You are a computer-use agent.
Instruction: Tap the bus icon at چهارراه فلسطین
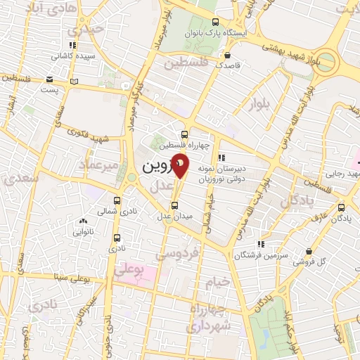click(184, 134)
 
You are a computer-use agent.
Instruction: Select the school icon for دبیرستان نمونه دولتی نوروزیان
click(222, 157)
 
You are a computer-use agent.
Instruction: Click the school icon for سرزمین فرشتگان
click(261, 243)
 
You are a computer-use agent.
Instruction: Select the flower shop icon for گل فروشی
click(309, 252)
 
